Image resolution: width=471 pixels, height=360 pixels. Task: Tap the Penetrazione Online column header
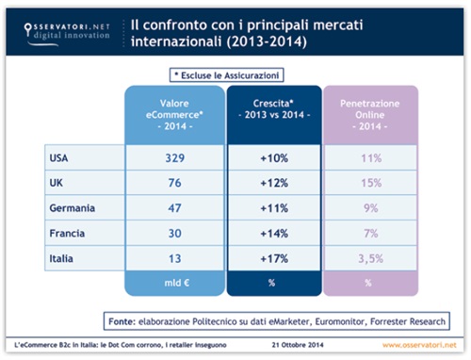371,113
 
